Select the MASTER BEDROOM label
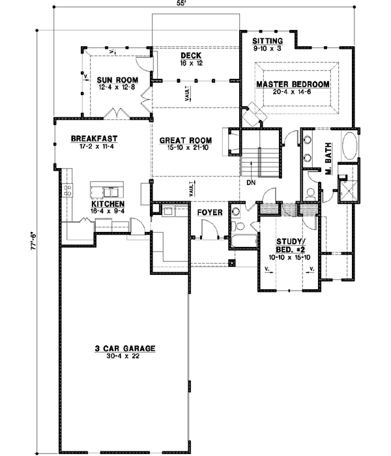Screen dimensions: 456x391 [292, 85]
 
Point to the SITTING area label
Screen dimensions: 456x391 [267, 40]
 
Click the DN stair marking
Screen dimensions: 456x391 [250, 183]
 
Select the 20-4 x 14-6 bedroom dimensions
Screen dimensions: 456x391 [292, 93]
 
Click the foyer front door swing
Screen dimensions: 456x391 [207, 231]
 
